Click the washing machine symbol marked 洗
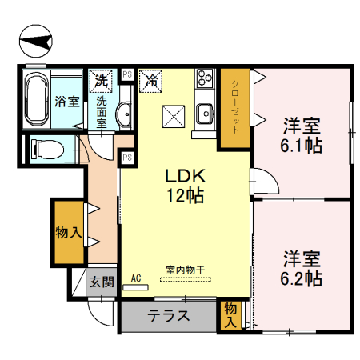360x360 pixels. [101, 79]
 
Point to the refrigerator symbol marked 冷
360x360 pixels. [150, 79]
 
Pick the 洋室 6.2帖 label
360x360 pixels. [302, 269]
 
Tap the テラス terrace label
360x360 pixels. [168, 315]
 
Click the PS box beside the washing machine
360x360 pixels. [126, 75]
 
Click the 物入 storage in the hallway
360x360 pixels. [68, 234]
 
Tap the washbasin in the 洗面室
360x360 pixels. [125, 115]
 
